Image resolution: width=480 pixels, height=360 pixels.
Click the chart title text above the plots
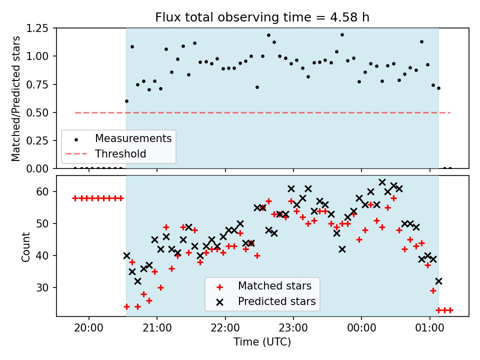coord(262,17)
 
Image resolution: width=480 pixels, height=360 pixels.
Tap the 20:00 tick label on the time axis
coord(89,328)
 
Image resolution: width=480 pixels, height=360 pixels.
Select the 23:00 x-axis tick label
coord(293,328)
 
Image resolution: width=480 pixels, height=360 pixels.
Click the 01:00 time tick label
coord(429,328)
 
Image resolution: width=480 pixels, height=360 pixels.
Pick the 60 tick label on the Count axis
coord(42,191)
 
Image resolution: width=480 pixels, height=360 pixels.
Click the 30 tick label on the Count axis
coord(42,287)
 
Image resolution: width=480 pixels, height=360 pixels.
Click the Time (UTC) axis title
coord(262,341)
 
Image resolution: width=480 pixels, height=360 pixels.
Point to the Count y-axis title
coord(25,246)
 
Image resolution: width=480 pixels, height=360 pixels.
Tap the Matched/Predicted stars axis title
coord(16,98)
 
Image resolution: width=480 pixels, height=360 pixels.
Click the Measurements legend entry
coord(133,138)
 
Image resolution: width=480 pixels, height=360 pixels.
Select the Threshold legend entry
coord(120,153)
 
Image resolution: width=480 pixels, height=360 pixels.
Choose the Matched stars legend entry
coord(274,286)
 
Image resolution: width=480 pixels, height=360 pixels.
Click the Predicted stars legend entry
coord(276,301)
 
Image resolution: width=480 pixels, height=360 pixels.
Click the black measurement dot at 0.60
coord(126,101)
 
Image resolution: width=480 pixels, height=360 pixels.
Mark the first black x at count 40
coord(126,255)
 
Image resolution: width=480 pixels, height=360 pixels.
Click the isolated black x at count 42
coord(342,249)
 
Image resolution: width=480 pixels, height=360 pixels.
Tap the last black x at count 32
coord(438,281)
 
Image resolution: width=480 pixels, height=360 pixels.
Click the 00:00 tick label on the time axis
coord(361,328)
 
